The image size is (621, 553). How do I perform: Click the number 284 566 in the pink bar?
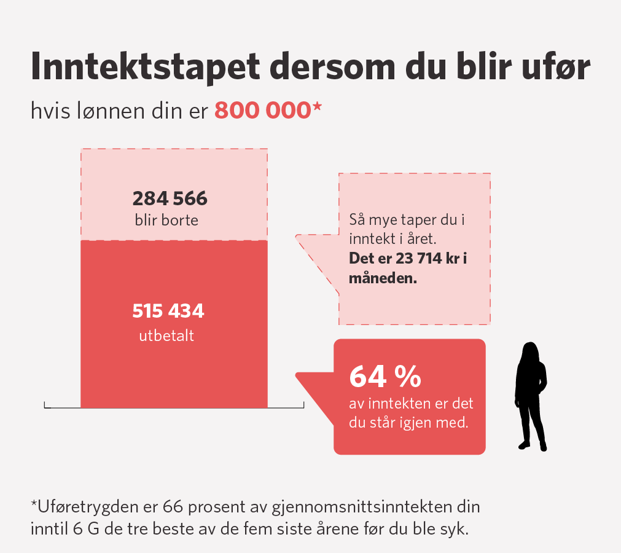tap(170, 199)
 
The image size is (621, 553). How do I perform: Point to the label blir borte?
tap(166, 219)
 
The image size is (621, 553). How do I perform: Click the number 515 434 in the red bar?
tap(168, 312)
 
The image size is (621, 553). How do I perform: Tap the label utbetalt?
tap(166, 336)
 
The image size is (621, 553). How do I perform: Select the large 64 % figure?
tap(385, 377)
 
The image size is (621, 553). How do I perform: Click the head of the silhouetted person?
tap(530, 354)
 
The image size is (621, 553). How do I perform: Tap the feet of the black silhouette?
tap(532, 445)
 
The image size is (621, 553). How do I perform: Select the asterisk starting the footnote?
tap(34, 506)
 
